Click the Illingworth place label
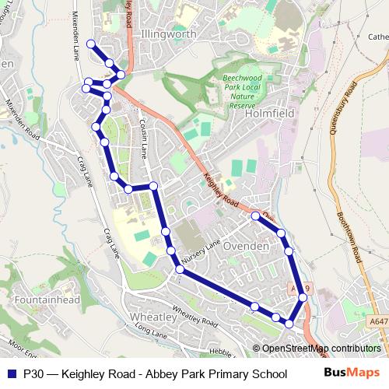[x=168, y=34]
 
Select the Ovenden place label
[x=246, y=246]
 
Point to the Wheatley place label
[x=152, y=317]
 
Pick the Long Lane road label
[x=151, y=332]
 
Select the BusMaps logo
[x=352, y=373]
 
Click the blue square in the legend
[x=12, y=373]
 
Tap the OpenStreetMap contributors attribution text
[x=321, y=349]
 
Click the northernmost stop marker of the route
[x=91, y=44]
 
